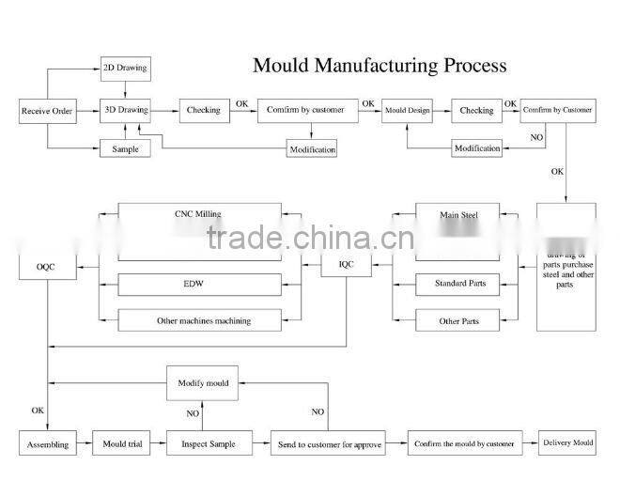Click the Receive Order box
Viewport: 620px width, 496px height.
(x=47, y=112)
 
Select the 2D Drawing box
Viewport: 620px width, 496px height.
(x=125, y=69)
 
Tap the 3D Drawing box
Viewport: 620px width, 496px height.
(x=125, y=110)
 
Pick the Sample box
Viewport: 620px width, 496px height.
(x=125, y=149)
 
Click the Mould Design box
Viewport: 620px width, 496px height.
(x=407, y=111)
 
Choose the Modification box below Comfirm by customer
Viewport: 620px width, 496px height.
(x=311, y=149)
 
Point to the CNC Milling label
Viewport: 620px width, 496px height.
(x=198, y=214)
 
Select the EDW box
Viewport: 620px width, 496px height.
(x=198, y=283)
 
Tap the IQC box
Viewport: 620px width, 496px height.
(x=347, y=265)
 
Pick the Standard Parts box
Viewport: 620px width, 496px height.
(x=458, y=283)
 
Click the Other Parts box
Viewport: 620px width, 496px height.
(x=458, y=320)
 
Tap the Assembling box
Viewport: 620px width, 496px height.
(x=47, y=443)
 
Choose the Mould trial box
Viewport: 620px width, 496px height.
(x=122, y=443)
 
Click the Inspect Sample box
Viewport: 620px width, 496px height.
(x=209, y=443)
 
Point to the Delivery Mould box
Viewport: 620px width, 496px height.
(x=568, y=442)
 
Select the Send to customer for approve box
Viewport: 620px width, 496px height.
(x=329, y=444)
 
